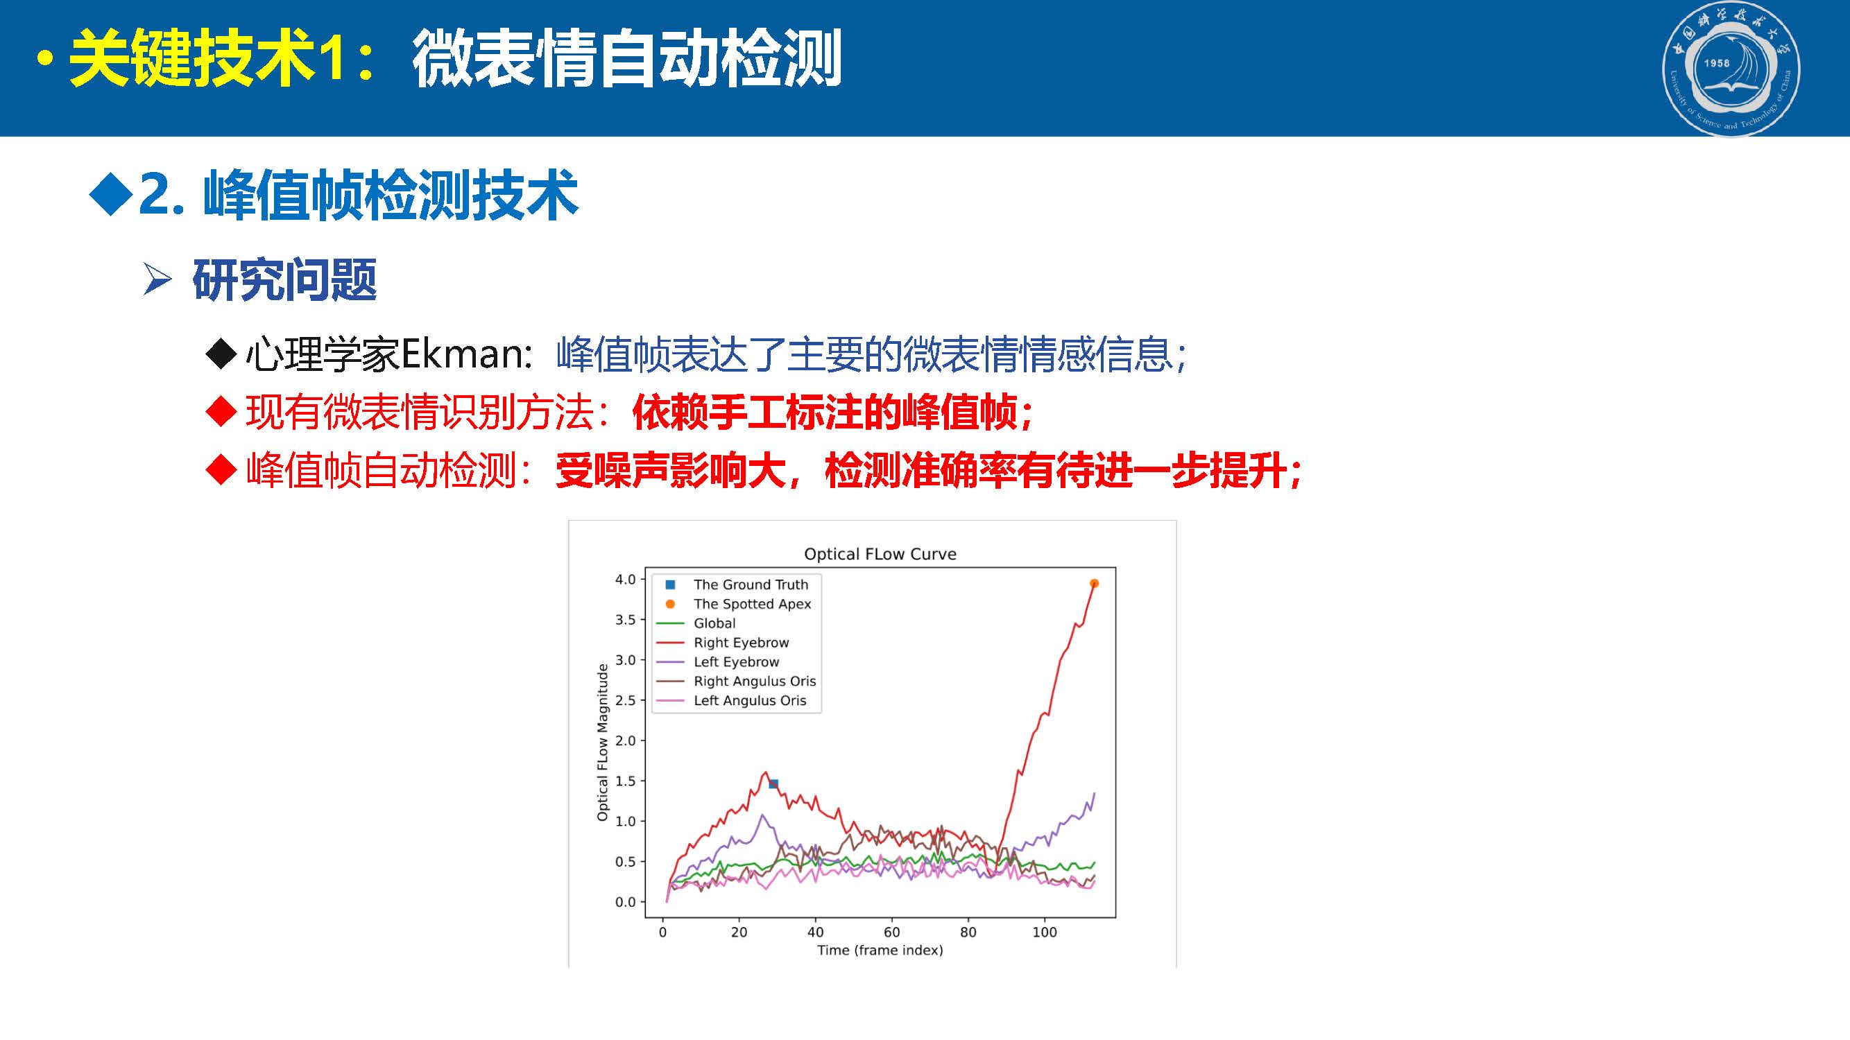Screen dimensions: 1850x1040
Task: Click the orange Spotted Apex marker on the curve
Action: tap(1094, 584)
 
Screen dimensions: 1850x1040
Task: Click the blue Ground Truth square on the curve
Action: tap(773, 783)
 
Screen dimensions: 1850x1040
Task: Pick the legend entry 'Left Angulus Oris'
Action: tap(750, 700)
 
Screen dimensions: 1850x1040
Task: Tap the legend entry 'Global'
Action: tap(714, 623)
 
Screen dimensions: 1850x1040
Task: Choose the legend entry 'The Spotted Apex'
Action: tap(752, 604)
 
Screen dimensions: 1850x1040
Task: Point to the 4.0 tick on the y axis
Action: tap(625, 579)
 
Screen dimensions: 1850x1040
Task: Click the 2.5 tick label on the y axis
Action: tap(625, 700)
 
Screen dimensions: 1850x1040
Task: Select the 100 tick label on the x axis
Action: tap(1044, 933)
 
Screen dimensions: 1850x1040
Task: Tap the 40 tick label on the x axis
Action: tap(815, 933)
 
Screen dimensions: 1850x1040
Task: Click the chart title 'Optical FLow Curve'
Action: tap(880, 554)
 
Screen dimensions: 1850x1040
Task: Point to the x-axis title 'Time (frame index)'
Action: tap(880, 951)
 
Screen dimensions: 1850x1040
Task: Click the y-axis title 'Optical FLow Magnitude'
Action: tap(603, 742)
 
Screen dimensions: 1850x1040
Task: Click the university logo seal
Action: tap(1731, 69)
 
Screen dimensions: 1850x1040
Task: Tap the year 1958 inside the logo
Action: tap(1716, 63)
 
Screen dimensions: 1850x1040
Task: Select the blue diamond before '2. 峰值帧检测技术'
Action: tap(110, 194)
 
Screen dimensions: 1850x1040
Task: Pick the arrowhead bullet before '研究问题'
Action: tap(157, 279)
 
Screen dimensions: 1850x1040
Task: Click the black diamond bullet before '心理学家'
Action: tap(221, 354)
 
